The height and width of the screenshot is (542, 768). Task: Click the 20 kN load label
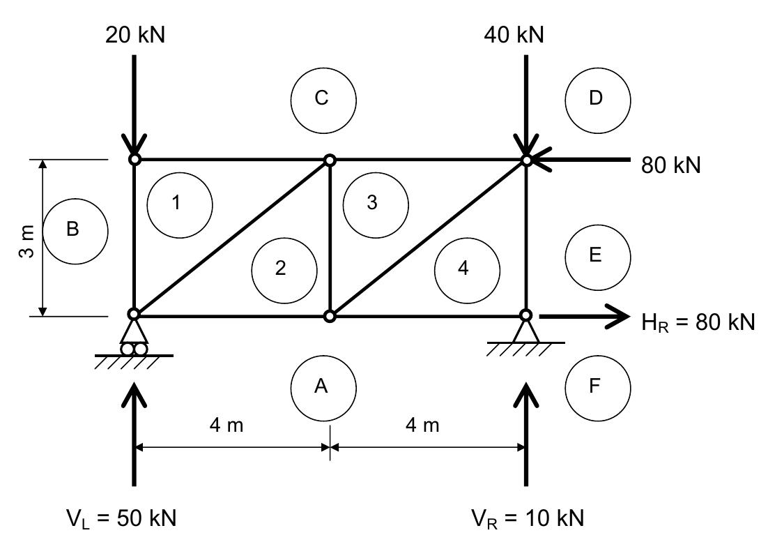point(135,35)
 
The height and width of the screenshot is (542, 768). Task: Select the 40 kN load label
point(514,35)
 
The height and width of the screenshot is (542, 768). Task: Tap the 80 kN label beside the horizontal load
point(670,165)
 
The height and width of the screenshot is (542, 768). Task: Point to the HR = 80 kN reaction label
point(698,322)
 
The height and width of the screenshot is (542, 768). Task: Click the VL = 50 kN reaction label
point(121,518)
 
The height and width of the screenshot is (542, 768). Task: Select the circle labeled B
point(75,230)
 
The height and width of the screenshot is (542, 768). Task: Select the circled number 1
point(179,203)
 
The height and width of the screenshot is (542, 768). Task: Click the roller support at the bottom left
point(134,338)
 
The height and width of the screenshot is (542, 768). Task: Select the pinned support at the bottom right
point(526,331)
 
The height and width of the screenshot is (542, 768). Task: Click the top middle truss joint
point(330,160)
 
